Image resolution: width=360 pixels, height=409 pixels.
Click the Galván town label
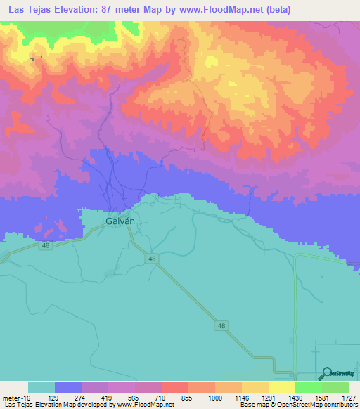tap(110, 220)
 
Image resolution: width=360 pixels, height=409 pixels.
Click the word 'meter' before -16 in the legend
tap(13, 397)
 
